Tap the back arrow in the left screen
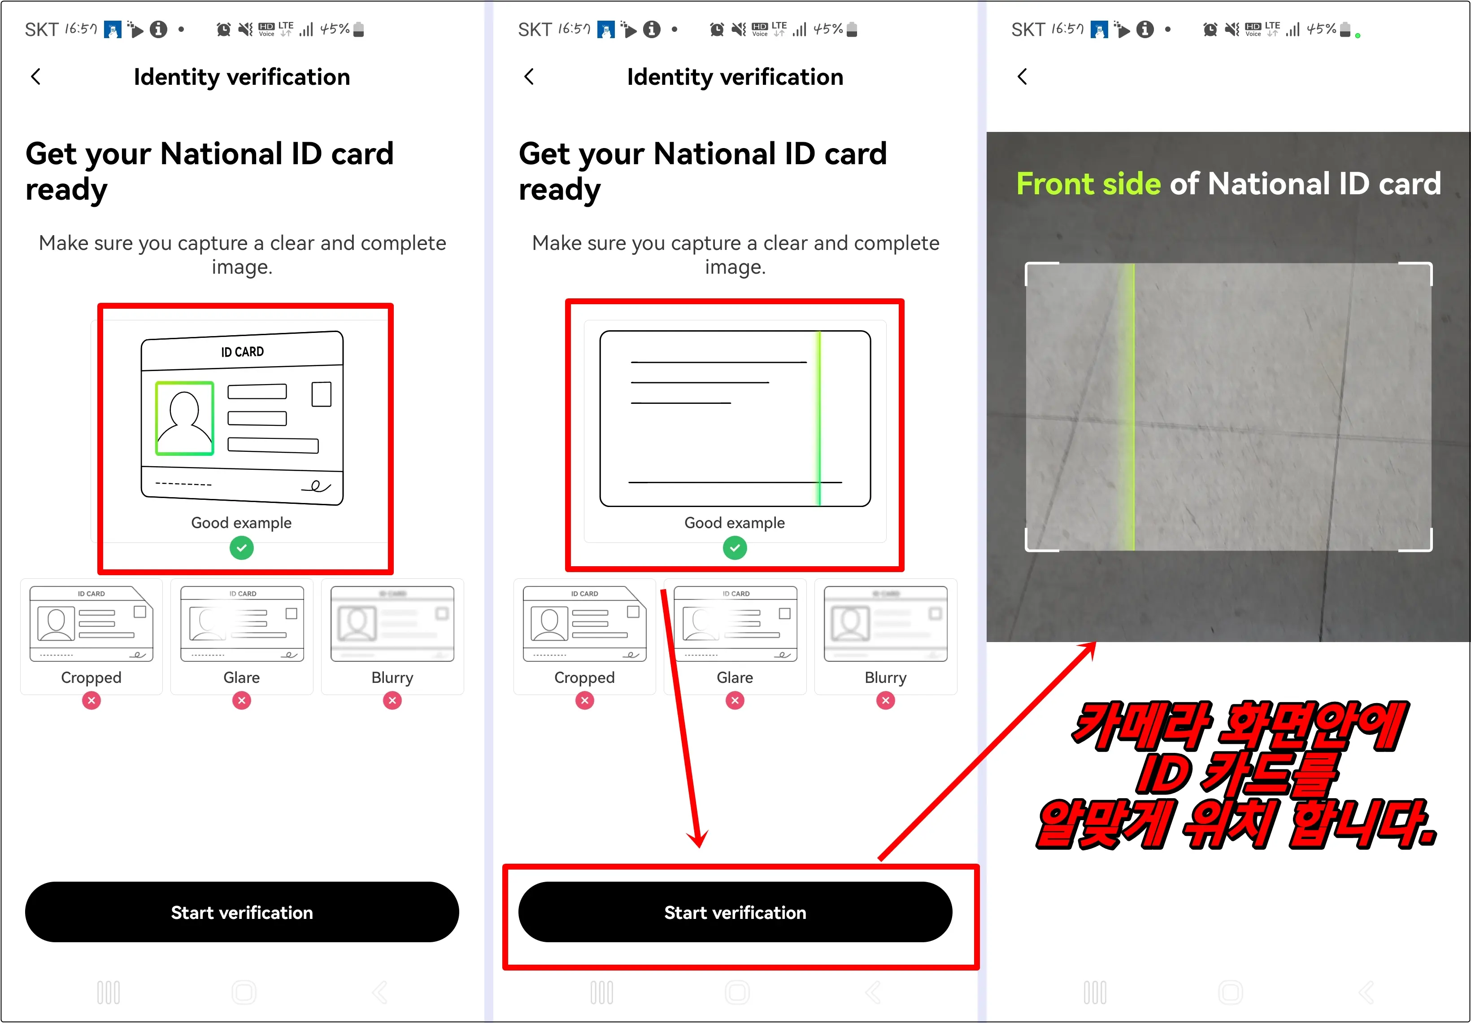click(x=36, y=77)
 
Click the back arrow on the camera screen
click(x=1023, y=77)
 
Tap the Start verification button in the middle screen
click(x=735, y=912)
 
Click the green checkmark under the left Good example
click(x=242, y=548)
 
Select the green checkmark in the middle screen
click(x=735, y=548)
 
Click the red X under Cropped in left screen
click(x=91, y=700)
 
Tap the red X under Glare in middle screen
click(x=735, y=700)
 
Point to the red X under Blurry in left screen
click(x=392, y=700)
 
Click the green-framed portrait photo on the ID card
click(x=184, y=418)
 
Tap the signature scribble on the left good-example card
click(x=316, y=486)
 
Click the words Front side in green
click(x=1088, y=184)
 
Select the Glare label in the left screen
click(x=242, y=678)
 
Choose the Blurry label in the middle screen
click(x=885, y=678)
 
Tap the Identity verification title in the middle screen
click(x=735, y=77)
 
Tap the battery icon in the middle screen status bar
click(x=852, y=30)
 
